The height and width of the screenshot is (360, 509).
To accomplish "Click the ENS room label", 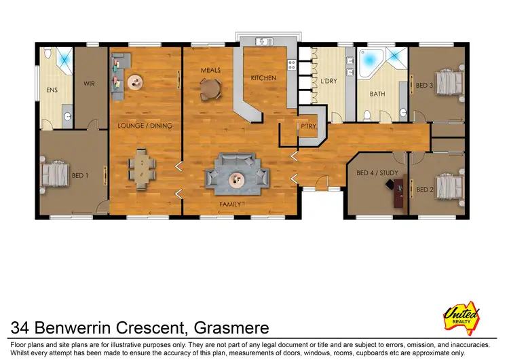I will click(x=52, y=89).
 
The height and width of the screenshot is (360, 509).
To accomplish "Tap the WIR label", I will click(x=89, y=84).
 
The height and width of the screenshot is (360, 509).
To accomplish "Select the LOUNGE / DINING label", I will click(x=145, y=126).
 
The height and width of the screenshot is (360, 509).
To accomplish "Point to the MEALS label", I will click(x=209, y=70).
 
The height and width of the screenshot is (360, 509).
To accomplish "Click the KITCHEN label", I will click(x=263, y=78).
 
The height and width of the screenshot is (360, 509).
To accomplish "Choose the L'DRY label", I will click(x=328, y=82).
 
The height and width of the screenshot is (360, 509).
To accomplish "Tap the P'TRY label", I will click(x=309, y=126).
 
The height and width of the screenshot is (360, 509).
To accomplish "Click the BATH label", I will click(x=377, y=94).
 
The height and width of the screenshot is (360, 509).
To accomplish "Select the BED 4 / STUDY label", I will click(x=377, y=173).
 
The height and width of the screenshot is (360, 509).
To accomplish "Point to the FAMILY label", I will click(x=230, y=204).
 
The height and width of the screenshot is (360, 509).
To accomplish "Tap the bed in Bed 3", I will click(x=448, y=84).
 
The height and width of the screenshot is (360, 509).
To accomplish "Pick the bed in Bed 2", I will click(x=448, y=185).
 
